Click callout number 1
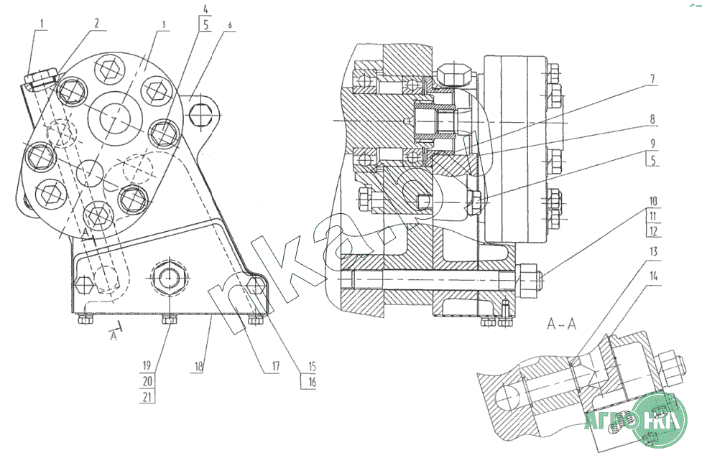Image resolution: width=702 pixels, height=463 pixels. point(42,23)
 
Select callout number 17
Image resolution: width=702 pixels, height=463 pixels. point(274,367)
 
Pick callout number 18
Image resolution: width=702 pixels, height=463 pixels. point(200,367)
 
